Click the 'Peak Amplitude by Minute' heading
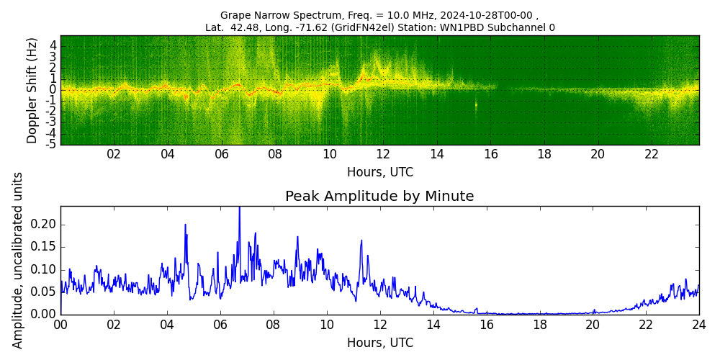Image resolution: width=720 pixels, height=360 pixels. pos(379,197)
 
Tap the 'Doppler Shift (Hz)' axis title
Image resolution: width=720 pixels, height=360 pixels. pos(32,90)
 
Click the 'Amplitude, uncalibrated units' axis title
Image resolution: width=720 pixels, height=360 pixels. pos(18,260)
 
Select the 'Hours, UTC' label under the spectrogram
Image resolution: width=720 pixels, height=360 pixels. pos(379,172)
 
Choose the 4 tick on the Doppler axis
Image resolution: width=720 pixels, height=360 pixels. pos(53,45)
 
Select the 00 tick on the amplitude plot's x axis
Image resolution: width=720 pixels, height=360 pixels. pos(60,325)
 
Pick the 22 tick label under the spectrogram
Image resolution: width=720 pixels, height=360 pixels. pos(652,154)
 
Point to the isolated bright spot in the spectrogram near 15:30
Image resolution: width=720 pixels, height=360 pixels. pos(476,105)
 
